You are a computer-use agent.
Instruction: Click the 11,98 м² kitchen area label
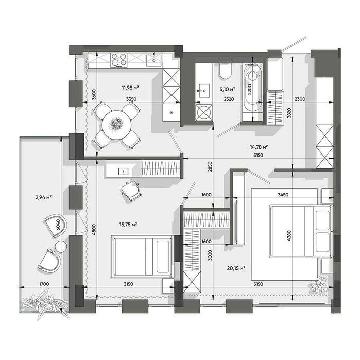(130, 88)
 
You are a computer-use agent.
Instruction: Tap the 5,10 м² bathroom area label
(227, 89)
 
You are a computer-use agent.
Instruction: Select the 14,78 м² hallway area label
(259, 147)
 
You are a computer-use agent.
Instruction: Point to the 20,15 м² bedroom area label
(236, 268)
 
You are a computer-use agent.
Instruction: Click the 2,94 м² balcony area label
(43, 197)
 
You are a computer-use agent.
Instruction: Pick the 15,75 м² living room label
(128, 225)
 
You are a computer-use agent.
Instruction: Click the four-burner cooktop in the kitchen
(118, 60)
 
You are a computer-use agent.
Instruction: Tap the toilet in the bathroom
(225, 71)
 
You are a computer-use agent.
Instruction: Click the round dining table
(116, 125)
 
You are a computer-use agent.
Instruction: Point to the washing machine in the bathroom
(204, 112)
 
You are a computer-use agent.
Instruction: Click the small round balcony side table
(61, 247)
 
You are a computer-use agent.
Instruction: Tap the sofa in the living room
(142, 256)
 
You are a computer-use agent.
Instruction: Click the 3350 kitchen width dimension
(131, 99)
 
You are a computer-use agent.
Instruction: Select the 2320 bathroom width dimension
(229, 99)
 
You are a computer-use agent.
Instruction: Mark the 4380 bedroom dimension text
(289, 235)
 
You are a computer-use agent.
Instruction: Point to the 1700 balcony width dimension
(44, 284)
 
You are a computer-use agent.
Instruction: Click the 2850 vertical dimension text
(210, 167)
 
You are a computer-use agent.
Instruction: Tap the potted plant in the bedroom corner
(318, 286)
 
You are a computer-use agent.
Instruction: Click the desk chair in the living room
(130, 191)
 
